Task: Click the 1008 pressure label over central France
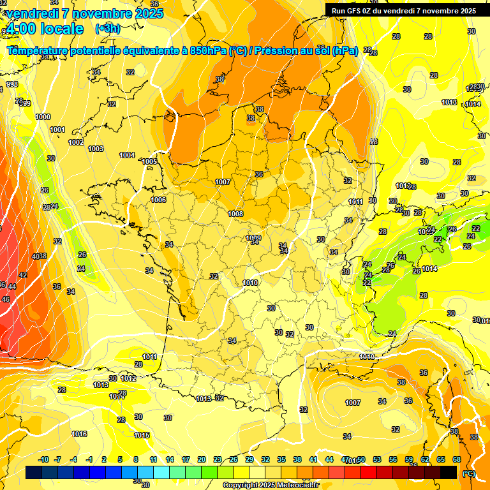pyautogui.click(x=235, y=214)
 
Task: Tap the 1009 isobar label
pyautogui.click(x=253, y=238)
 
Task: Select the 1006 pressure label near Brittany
pyautogui.click(x=159, y=200)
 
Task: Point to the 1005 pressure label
pyautogui.click(x=149, y=162)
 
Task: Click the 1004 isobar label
pyautogui.click(x=127, y=155)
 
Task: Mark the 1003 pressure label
pyautogui.click(x=96, y=149)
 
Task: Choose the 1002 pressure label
pyautogui.click(x=76, y=142)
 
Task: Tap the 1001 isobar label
pyautogui.click(x=57, y=130)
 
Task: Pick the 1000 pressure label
pyautogui.click(x=43, y=117)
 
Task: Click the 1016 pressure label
pyautogui.click(x=79, y=434)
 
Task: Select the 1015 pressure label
pyautogui.click(x=142, y=435)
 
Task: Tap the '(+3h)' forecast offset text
pyautogui.click(x=107, y=28)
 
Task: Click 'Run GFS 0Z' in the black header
pyautogui.click(x=357, y=11)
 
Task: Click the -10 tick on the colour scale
pyautogui.click(x=43, y=459)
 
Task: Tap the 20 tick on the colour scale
pyautogui.click(x=202, y=459)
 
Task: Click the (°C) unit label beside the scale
pyautogui.click(x=468, y=473)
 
